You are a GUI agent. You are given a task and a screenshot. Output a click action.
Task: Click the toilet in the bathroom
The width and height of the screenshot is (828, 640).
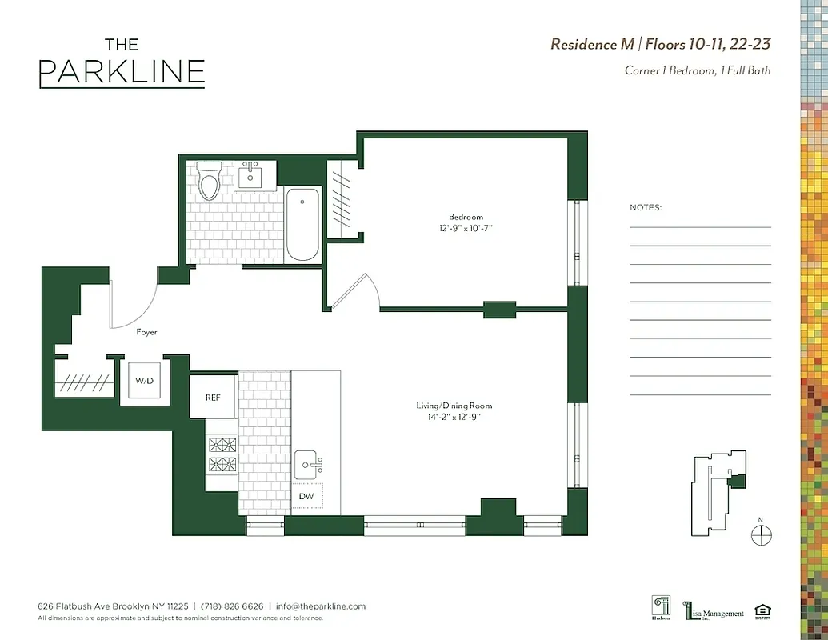(x=210, y=181)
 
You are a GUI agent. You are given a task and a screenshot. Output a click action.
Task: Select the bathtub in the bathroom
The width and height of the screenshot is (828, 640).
(x=303, y=224)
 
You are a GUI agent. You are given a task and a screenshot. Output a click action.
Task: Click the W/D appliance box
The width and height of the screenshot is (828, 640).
(x=145, y=382)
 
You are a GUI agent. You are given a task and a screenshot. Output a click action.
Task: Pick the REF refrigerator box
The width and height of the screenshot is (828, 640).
(x=213, y=396)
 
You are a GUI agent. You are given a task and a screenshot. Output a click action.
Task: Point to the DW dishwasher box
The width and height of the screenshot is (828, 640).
(x=306, y=496)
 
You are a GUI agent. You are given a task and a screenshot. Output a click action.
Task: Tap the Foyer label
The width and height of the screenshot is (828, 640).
(x=146, y=332)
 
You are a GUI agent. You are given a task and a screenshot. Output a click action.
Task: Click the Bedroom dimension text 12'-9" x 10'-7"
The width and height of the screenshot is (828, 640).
(x=465, y=229)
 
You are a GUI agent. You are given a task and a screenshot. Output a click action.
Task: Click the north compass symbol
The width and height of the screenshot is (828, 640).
(x=762, y=533)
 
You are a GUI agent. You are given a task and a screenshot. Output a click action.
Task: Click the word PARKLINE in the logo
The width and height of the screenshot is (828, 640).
(x=122, y=72)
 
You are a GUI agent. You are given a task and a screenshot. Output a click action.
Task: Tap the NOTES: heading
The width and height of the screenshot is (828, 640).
(x=646, y=207)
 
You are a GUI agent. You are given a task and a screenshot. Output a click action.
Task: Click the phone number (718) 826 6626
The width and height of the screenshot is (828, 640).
(x=231, y=606)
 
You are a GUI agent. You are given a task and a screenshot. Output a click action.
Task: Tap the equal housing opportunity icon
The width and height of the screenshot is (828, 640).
(x=763, y=611)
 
